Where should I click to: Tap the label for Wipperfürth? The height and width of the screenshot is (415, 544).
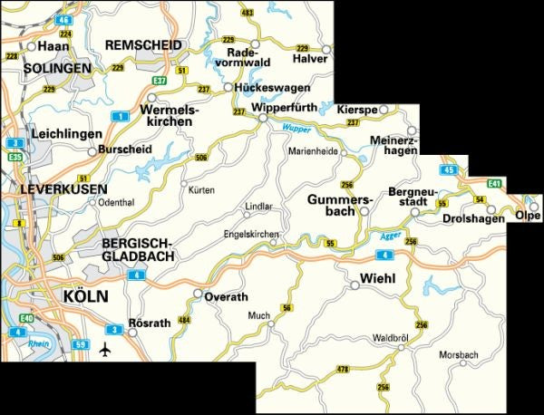[287, 108]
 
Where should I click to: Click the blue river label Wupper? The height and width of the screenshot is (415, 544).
[296, 127]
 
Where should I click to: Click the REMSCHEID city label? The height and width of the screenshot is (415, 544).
[144, 44]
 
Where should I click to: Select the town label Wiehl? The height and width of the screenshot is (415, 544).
[378, 279]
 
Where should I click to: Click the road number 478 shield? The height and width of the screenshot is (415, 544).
[342, 370]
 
